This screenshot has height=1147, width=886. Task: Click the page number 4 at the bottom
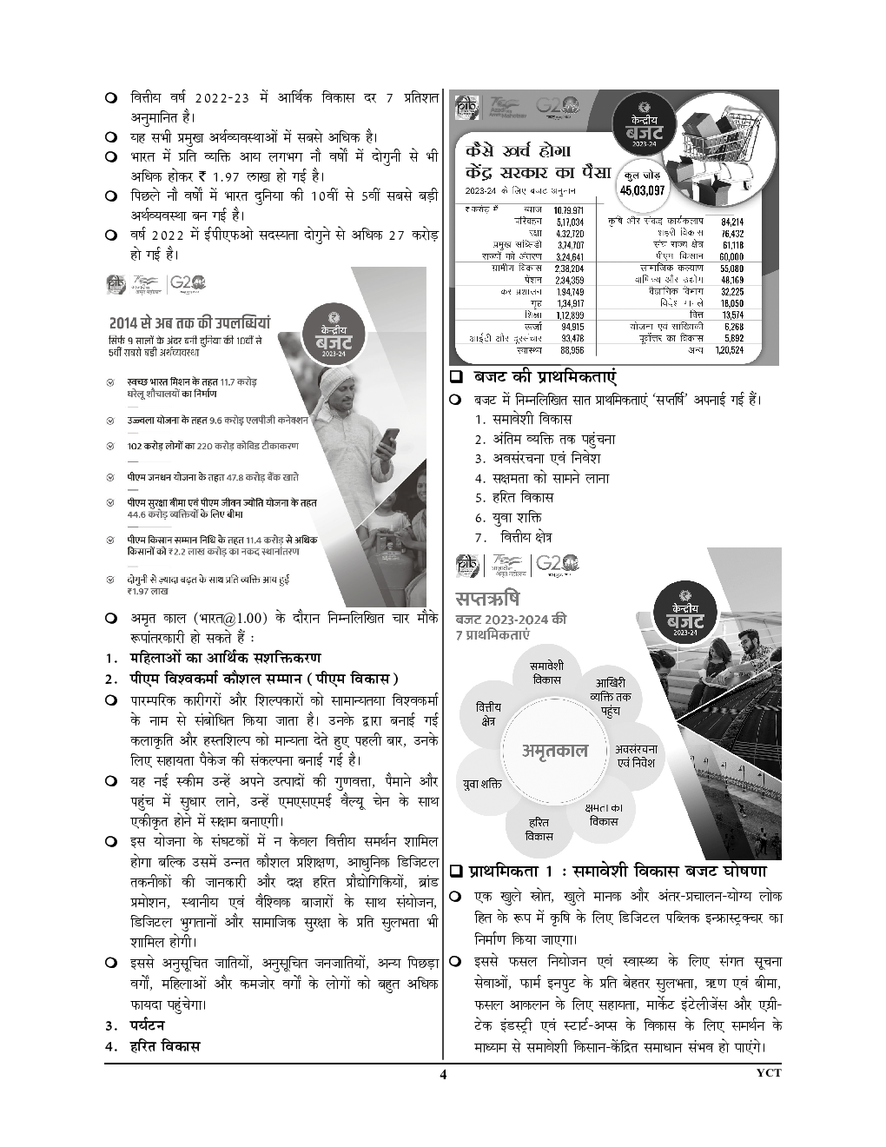(442, 1074)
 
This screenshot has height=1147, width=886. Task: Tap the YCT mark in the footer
(769, 1073)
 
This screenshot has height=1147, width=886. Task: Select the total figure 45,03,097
(642, 190)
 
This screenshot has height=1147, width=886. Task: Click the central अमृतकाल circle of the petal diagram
(554, 751)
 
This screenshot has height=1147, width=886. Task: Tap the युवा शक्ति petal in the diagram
(482, 785)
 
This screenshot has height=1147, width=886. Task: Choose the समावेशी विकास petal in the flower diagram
(545, 673)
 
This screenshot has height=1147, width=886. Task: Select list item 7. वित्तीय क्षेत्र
(512, 538)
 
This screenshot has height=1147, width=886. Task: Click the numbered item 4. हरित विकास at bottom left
(152, 1046)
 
